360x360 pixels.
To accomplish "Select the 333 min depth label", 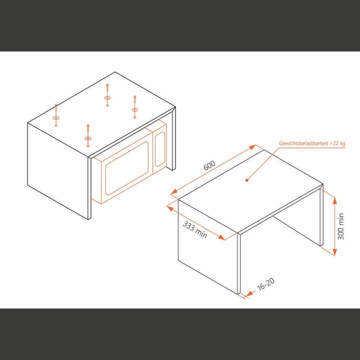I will tap(195, 230).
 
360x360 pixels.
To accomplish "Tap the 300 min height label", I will tap(341, 226).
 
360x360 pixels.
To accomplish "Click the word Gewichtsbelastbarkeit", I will tap(302, 143).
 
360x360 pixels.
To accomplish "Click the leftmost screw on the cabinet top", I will tap(56, 118).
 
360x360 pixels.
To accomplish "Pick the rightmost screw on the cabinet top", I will tap(134, 109).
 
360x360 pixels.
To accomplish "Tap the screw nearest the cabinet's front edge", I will tap(88, 137).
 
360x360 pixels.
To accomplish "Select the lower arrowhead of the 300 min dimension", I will tap(333, 253).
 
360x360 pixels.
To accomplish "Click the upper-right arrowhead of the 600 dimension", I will tap(254, 147).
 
